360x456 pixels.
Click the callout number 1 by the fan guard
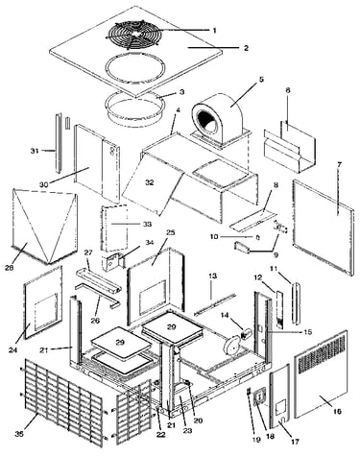[x=215, y=31]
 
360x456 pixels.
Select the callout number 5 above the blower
[x=261, y=79]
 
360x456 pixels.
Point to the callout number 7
[x=339, y=165]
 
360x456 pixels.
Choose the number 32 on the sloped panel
[x=150, y=182]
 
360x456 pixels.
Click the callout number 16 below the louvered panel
[x=337, y=411]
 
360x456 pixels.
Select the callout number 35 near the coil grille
[x=19, y=434]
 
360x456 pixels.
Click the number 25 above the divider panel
[x=170, y=232]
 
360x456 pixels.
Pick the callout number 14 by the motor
[x=225, y=316]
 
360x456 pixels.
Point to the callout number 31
[x=35, y=151]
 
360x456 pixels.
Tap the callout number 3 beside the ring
[x=181, y=92]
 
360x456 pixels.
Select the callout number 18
[x=271, y=436]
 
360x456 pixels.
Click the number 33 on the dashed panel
[x=147, y=224]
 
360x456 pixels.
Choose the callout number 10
[x=214, y=237]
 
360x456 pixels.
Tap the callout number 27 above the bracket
[x=88, y=252]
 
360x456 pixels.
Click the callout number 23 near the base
[x=187, y=431]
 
